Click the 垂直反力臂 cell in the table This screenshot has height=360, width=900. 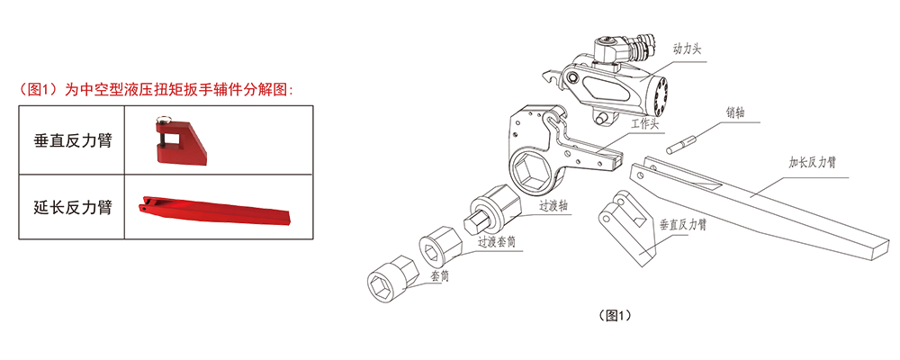click(x=72, y=140)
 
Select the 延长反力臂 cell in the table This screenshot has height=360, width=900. click(x=72, y=207)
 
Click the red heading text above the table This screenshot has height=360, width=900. click(x=156, y=90)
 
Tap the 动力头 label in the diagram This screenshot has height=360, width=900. click(x=687, y=50)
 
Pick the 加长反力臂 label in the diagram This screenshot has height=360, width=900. click(x=811, y=163)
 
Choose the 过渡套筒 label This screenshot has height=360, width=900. click(x=497, y=242)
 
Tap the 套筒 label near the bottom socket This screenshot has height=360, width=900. click(x=440, y=275)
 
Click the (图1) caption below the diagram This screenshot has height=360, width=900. click(x=615, y=316)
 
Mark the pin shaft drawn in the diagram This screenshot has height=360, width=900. click(x=681, y=143)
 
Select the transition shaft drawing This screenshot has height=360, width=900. click(x=492, y=209)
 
